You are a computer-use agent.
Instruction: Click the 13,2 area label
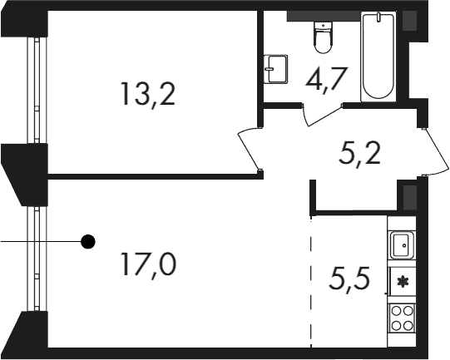click(x=148, y=94)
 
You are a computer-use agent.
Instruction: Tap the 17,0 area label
click(x=148, y=264)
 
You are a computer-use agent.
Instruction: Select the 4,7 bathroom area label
click(x=327, y=79)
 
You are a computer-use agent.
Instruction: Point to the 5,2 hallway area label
click(x=359, y=153)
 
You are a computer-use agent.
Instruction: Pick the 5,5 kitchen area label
click(x=350, y=278)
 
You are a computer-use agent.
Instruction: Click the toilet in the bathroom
click(x=323, y=37)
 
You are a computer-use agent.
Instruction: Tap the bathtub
click(x=378, y=57)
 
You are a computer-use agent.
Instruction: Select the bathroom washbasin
click(x=276, y=69)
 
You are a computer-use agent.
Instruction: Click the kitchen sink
click(x=402, y=245)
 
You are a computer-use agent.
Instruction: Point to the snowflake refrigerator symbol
click(x=403, y=281)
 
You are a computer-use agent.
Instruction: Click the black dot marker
click(x=88, y=242)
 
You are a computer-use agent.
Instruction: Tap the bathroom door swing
click(x=322, y=114)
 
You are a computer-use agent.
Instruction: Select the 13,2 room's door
click(x=249, y=149)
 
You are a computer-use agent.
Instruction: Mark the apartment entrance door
click(x=435, y=152)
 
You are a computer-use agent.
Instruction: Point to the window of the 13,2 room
click(x=37, y=90)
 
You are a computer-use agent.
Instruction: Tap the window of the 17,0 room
click(x=37, y=259)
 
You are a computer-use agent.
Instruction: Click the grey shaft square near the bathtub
click(x=409, y=20)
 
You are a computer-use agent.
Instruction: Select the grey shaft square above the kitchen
click(x=410, y=197)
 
